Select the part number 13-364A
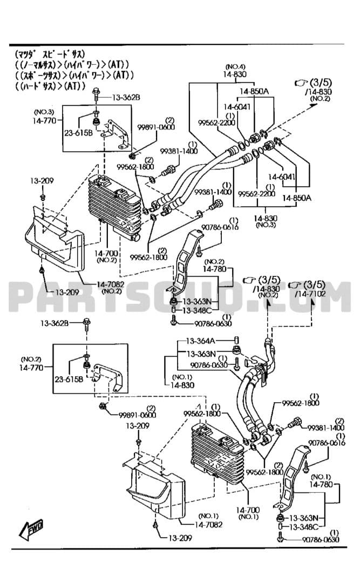tap(200, 341)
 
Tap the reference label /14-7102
tap(310, 293)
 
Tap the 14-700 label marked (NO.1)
tap(248, 509)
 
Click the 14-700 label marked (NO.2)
tap(107, 253)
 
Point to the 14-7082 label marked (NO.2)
tap(111, 284)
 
